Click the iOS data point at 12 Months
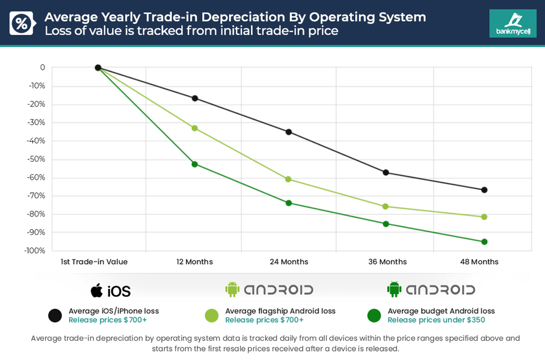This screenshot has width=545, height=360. [194, 98]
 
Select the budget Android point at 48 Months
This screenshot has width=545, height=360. [484, 242]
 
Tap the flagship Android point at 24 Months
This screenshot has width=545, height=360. [288, 179]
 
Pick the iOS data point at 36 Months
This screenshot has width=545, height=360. [386, 172]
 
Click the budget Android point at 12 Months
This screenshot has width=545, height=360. [194, 164]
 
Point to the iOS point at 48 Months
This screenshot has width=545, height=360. [484, 190]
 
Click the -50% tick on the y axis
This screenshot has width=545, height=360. [37, 159]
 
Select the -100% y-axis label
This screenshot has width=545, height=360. [35, 251]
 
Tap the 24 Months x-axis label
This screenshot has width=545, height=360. [289, 262]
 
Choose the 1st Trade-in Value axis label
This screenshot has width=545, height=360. [94, 262]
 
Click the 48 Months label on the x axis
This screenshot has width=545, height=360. [479, 262]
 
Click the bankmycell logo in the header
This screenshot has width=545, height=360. [513, 23]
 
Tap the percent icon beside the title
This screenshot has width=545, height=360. [21, 23]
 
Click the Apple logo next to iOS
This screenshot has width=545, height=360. [96, 291]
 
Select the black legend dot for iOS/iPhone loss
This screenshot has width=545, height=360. [55, 316]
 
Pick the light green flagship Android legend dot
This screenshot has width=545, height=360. [212, 316]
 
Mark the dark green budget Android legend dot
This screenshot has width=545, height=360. [374, 316]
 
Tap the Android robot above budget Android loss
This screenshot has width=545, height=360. [394, 290]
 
